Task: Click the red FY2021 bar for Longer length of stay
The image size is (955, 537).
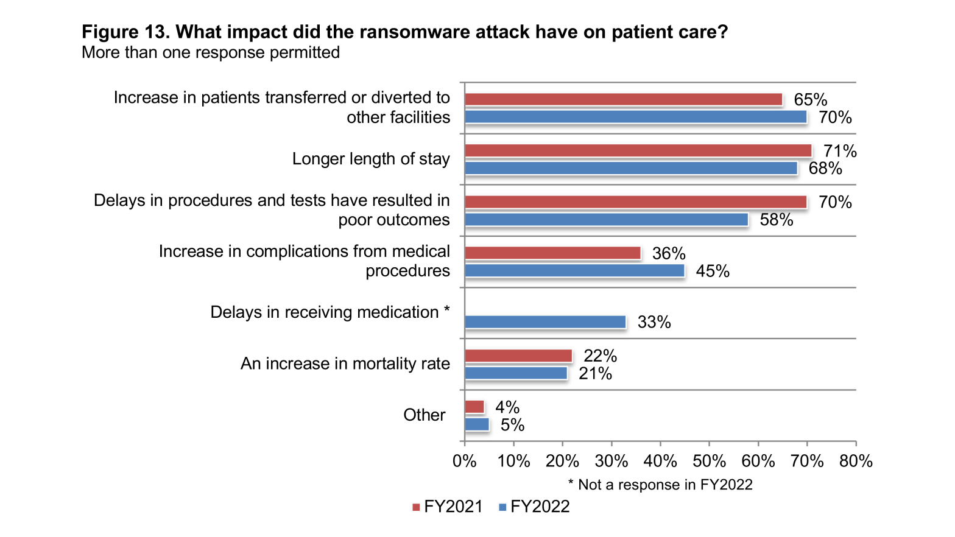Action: point(638,150)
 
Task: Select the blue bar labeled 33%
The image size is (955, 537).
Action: point(545,322)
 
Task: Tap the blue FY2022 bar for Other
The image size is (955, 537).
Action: point(477,424)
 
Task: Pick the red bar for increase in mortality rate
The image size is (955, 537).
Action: point(518,356)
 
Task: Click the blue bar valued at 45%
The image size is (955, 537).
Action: point(574,270)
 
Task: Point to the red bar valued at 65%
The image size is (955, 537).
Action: point(623,99)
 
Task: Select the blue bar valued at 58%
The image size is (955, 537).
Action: point(606,219)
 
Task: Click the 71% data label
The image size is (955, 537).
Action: point(840,151)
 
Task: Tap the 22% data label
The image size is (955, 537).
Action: point(600,356)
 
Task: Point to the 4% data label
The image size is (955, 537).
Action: point(507,407)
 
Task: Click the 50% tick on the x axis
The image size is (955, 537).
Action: point(709,461)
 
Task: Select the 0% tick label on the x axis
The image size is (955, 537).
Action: point(465,461)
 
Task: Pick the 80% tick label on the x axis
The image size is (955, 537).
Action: point(856,461)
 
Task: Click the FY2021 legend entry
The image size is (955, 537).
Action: point(448,507)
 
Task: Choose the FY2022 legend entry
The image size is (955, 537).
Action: point(534,507)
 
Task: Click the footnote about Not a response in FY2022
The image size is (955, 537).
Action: point(660,485)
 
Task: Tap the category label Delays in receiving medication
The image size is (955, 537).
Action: point(329,312)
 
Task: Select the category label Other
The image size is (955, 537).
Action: point(424,415)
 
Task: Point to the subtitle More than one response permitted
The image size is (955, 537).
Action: point(211,52)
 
